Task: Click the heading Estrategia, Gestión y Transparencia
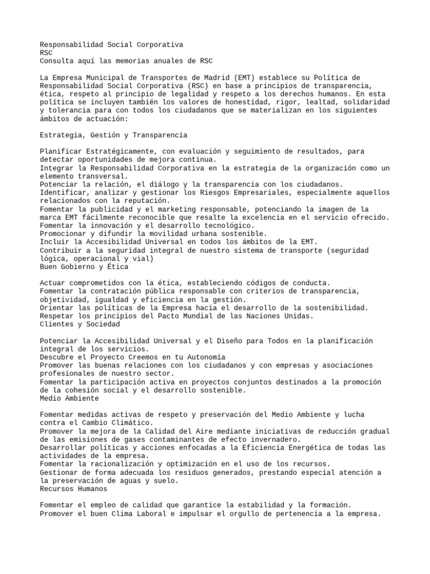click(x=114, y=135)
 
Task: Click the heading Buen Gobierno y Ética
click(x=85, y=266)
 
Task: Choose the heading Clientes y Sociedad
click(x=80, y=324)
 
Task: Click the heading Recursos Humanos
click(x=76, y=489)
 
